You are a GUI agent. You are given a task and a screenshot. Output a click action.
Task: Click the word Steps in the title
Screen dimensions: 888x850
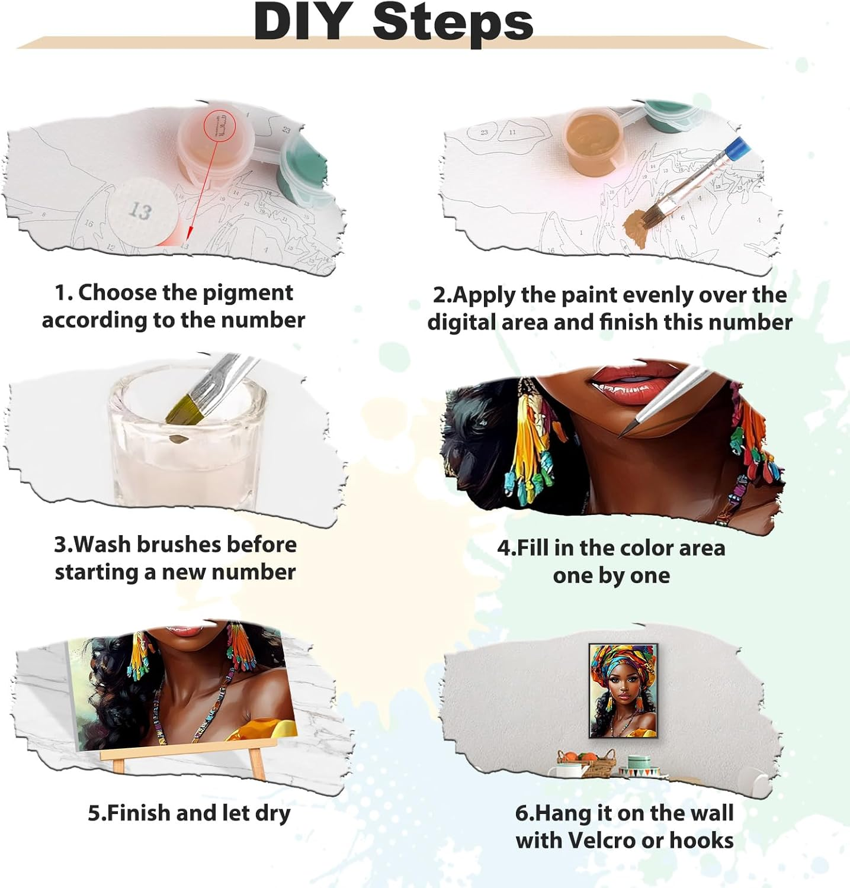453,22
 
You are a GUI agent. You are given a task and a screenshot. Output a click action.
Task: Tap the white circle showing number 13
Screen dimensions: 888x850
142,210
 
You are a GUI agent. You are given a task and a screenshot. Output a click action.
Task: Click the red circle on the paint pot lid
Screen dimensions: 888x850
220,126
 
